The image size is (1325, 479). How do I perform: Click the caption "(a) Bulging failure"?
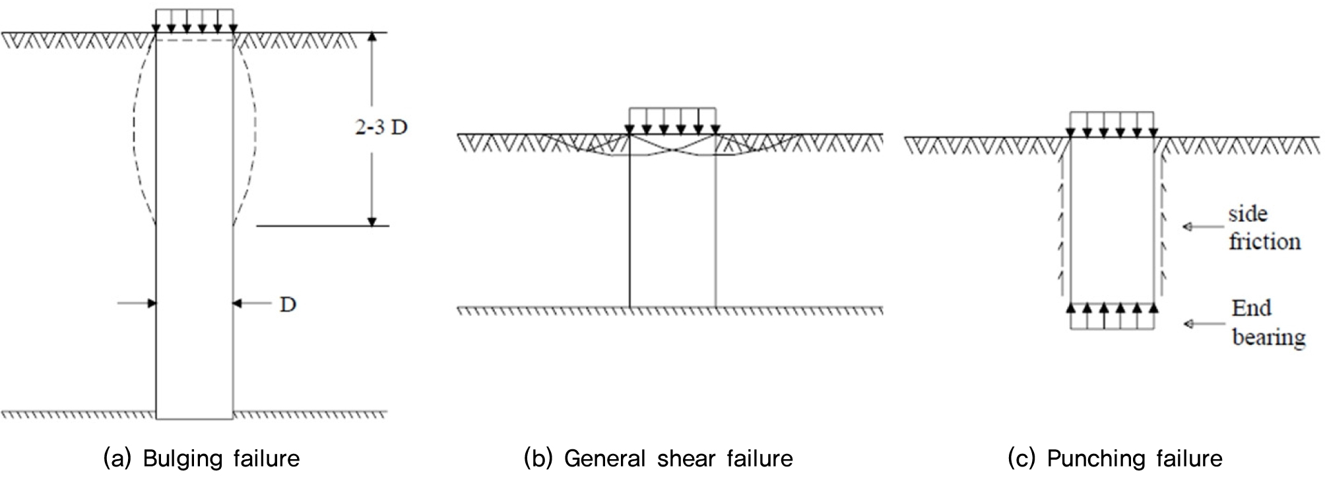201,459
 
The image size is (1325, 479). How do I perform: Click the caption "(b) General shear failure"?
658,459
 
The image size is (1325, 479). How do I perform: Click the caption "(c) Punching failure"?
1115,459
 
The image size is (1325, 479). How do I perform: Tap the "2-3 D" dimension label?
381,128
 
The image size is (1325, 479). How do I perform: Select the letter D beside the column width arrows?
288,305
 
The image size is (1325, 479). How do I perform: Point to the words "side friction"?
1264,228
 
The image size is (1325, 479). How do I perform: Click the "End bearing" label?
1267,323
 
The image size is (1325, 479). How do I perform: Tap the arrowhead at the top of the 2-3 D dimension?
372,38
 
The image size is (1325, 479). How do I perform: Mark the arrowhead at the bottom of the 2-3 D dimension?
372,221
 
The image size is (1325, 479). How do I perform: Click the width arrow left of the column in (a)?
137,303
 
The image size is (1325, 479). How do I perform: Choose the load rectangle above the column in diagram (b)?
672,121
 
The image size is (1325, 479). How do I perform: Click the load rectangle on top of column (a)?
194,20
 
